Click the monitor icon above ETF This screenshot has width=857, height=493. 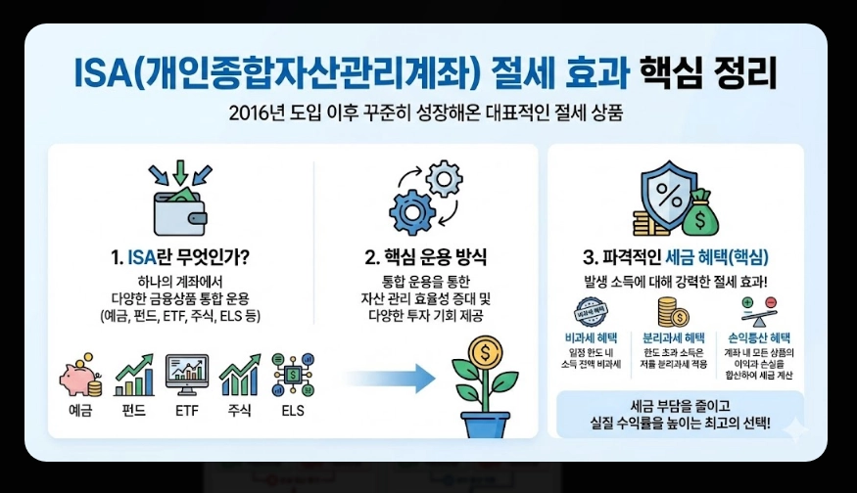pyautogui.click(x=186, y=375)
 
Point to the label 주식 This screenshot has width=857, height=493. pyautogui.click(x=238, y=411)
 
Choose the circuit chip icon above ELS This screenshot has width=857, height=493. pyautogui.click(x=292, y=375)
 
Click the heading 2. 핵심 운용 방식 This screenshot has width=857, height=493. pyautogui.click(x=425, y=258)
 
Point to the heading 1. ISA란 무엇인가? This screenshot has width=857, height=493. pyautogui.click(x=180, y=258)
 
